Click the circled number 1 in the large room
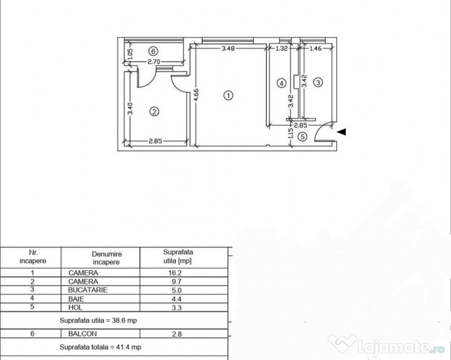pyautogui.click(x=228, y=95)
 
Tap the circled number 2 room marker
pyautogui.click(x=154, y=111)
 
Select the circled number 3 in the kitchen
pyautogui.click(x=319, y=82)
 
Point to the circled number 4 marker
pyautogui.click(x=280, y=83)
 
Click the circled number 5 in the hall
pyautogui.click(x=303, y=137)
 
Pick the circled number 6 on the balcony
pyautogui.click(x=153, y=50)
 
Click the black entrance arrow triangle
pyautogui.click(x=342, y=132)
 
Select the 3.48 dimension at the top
pyautogui.click(x=228, y=49)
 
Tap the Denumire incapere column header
pyautogui.click(x=106, y=258)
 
